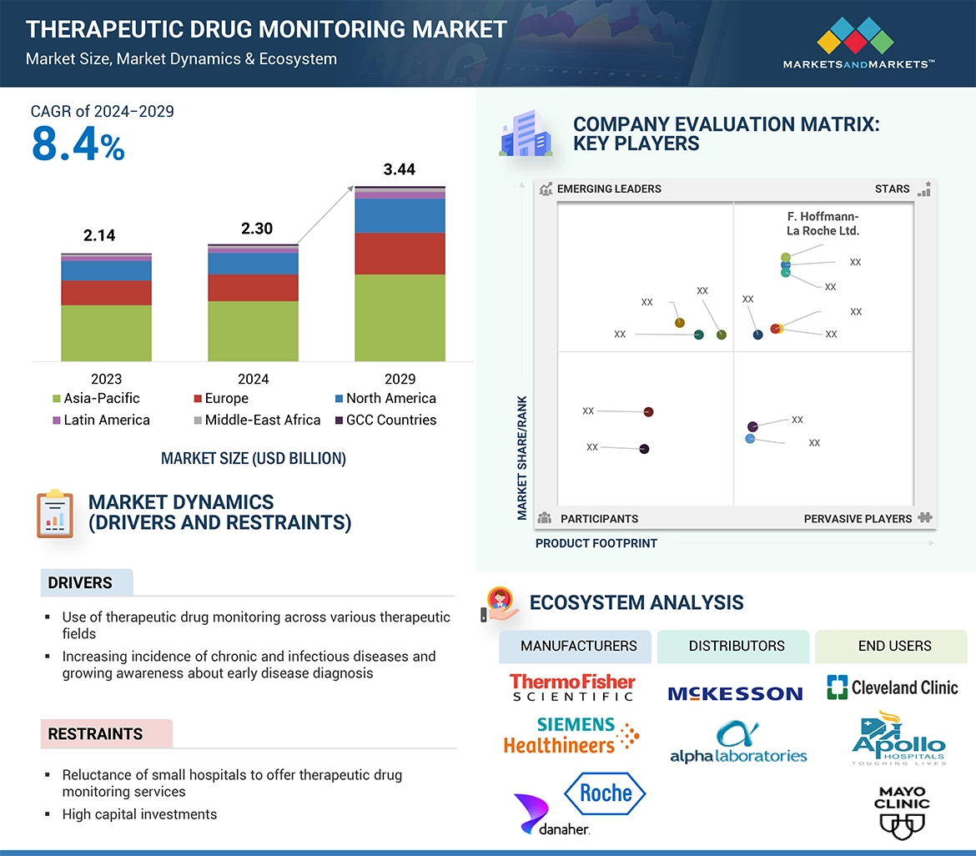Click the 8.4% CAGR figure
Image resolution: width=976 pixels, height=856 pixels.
click(x=78, y=144)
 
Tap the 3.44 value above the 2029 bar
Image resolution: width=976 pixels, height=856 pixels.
click(x=399, y=169)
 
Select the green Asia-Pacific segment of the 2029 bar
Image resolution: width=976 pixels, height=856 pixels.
click(x=400, y=317)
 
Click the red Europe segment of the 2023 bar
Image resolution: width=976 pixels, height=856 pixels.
click(x=106, y=293)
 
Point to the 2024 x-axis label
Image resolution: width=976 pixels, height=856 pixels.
click(x=253, y=378)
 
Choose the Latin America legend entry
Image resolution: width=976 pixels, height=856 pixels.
click(x=101, y=420)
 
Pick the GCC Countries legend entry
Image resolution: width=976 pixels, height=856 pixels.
click(x=385, y=420)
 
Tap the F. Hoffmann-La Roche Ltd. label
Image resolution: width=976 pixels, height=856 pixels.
click(x=823, y=224)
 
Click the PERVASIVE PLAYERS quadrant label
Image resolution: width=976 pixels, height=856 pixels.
click(x=858, y=518)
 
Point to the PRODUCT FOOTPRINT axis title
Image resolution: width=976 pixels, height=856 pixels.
click(x=596, y=543)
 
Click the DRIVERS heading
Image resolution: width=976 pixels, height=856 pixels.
click(x=80, y=582)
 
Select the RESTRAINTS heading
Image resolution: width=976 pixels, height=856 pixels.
click(x=95, y=734)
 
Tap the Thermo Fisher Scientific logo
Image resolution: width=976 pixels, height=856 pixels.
click(x=572, y=687)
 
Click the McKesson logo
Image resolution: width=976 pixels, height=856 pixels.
click(x=735, y=692)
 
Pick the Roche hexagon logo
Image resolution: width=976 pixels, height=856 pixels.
click(x=605, y=793)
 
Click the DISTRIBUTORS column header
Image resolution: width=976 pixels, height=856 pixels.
click(x=736, y=646)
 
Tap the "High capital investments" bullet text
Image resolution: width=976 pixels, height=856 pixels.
click(x=139, y=814)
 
